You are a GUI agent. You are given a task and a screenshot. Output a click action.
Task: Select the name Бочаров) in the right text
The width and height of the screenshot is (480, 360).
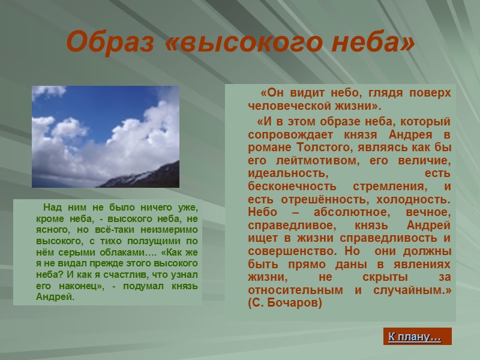tap(296, 302)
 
